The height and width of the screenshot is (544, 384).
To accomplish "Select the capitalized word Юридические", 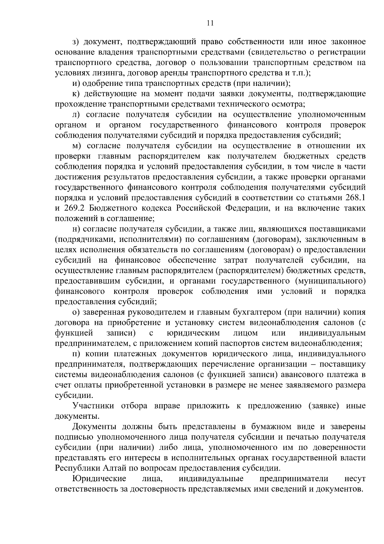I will pos(99,479).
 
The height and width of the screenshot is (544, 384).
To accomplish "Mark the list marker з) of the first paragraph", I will pos(76,42).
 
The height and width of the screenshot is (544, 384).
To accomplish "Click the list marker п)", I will pos(76,354).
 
